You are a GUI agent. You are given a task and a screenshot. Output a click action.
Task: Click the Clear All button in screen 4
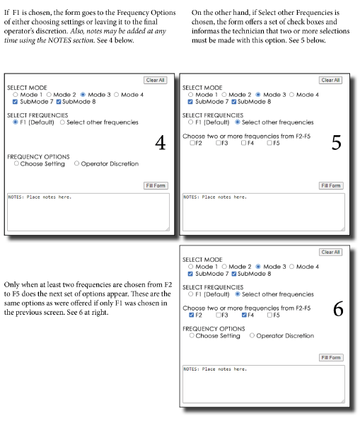click(x=156, y=80)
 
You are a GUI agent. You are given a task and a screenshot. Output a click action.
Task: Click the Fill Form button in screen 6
click(x=331, y=358)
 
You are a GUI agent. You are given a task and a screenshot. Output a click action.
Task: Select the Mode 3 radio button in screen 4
click(x=83, y=95)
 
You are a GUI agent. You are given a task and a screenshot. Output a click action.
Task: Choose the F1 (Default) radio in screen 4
click(x=16, y=122)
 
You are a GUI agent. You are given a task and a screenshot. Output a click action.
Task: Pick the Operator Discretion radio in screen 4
click(x=76, y=163)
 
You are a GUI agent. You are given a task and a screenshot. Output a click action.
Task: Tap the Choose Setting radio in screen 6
click(x=192, y=335)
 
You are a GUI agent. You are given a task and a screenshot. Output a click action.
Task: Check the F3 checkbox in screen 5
click(x=219, y=143)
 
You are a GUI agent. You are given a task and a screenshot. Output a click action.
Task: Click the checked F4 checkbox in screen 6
click(x=244, y=315)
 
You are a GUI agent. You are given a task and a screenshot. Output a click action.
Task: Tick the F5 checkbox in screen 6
click(x=269, y=315)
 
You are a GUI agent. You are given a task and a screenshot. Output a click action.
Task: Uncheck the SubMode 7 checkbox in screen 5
click(x=190, y=102)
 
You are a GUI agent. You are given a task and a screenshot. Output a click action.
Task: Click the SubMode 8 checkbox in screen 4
click(x=59, y=102)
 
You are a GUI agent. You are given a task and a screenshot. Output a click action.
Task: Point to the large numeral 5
click(x=337, y=143)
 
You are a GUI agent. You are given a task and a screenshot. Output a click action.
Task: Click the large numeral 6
click(x=338, y=309)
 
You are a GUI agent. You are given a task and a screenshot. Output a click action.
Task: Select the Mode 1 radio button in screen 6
click(x=190, y=267)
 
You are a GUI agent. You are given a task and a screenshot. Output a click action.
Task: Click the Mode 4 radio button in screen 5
click(x=292, y=95)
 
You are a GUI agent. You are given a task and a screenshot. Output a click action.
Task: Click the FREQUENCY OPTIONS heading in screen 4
click(x=38, y=157)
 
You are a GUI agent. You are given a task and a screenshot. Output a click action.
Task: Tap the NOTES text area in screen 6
click(x=264, y=384)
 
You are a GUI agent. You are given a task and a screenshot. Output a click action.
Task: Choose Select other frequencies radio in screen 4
click(x=62, y=122)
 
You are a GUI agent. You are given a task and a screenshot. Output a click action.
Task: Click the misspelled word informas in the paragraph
click(x=205, y=31)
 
